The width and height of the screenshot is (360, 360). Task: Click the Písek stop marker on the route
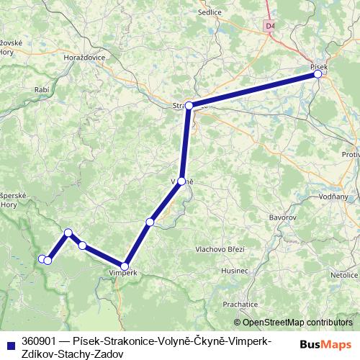click(318, 73)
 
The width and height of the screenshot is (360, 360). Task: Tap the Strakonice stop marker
click(189, 106)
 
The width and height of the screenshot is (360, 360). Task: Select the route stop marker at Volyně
click(182, 181)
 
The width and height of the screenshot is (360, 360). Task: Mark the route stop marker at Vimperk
click(125, 266)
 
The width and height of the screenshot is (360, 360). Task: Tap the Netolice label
click(344, 274)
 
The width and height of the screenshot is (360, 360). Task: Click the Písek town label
click(319, 66)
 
